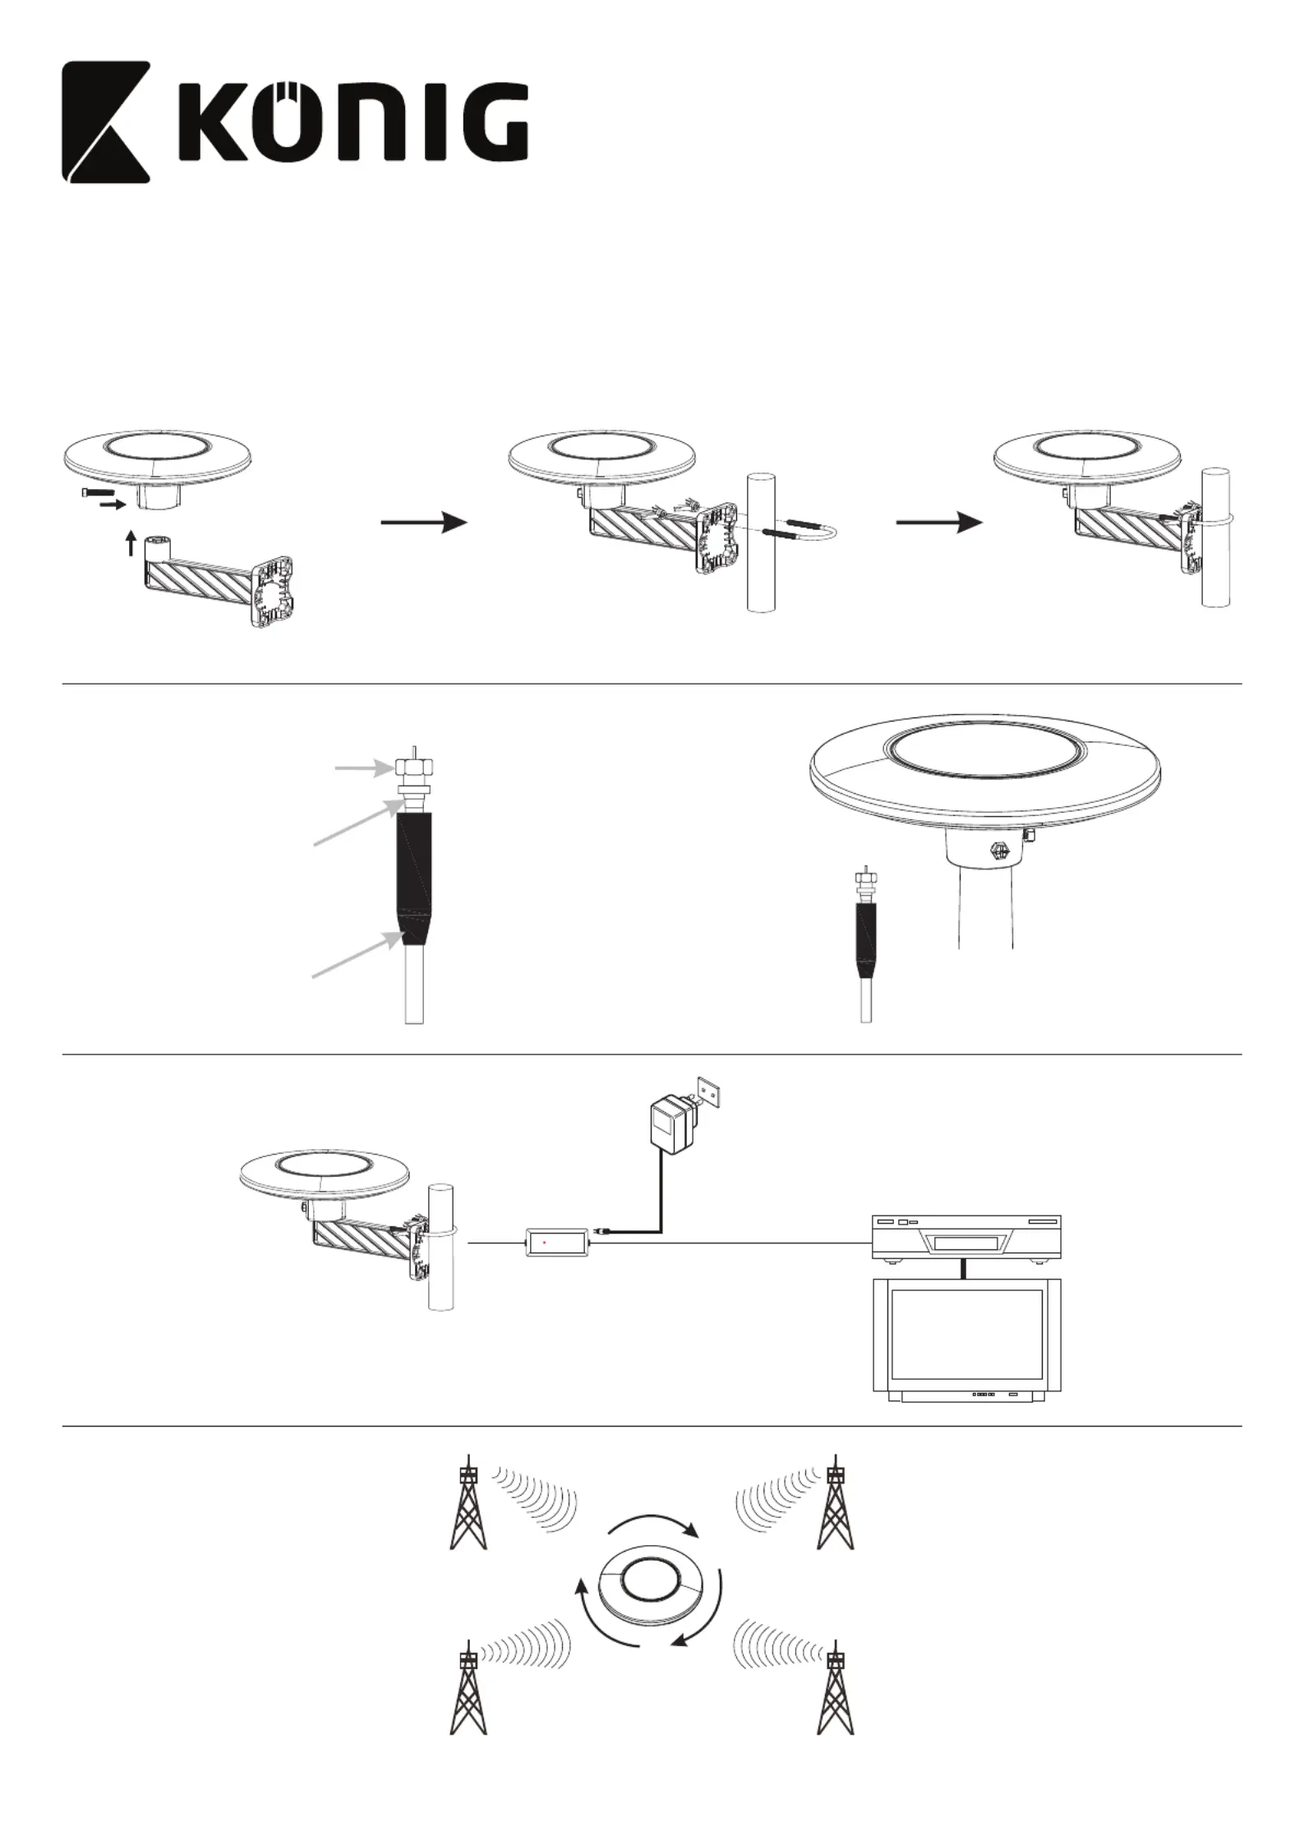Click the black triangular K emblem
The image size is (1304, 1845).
point(107,122)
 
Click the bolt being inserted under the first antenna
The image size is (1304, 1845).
point(96,492)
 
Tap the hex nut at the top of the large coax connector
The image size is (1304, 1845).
point(414,766)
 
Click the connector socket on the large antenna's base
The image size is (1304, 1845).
point(998,852)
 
